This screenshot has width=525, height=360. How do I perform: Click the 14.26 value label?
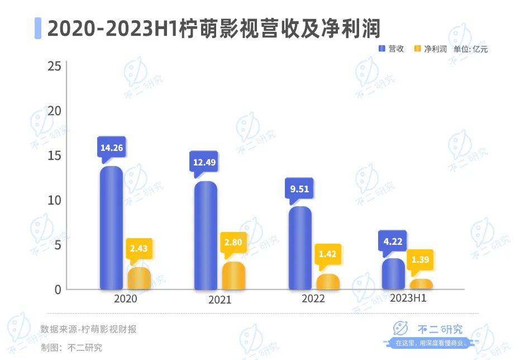(111, 148)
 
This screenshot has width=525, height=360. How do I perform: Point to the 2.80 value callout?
(233, 244)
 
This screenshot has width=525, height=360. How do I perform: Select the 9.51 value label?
(300, 188)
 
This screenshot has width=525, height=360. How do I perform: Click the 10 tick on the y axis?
(54, 200)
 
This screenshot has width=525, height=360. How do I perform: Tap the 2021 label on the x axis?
(219, 300)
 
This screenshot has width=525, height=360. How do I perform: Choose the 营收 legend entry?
(392, 49)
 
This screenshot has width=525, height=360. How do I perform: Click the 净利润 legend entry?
(431, 49)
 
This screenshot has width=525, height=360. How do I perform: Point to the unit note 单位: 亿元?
(470, 49)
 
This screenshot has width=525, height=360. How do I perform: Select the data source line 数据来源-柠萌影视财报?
(88, 329)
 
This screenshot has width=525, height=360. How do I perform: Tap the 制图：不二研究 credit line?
(71, 347)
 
